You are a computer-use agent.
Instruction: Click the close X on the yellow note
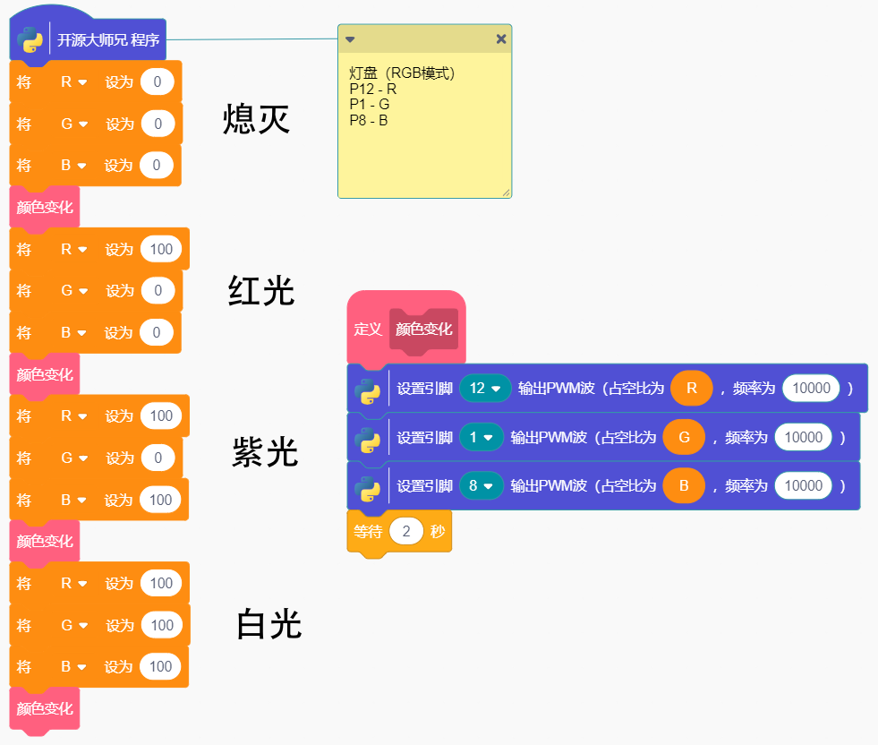501,39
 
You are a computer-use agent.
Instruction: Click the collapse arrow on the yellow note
350,39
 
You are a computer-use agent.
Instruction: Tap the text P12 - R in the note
373,89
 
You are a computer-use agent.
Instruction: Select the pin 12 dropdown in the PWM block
485,389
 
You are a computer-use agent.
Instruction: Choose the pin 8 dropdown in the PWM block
482,486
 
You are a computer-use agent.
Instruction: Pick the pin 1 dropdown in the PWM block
482,438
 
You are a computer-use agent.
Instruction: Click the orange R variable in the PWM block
691,389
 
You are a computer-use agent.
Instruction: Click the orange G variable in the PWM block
685,438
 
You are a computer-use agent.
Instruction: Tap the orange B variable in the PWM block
684,486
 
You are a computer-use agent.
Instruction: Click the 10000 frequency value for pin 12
811,389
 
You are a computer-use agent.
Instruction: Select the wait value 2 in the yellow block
406,532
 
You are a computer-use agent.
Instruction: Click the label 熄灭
257,119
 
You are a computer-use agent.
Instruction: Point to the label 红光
261,291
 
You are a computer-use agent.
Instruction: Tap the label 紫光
265,453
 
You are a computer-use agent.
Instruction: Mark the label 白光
269,624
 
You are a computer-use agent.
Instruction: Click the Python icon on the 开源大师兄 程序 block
30,39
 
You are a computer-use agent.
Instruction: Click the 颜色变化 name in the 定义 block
424,330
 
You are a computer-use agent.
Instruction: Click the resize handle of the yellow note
506,192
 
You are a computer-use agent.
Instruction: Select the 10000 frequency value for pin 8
804,486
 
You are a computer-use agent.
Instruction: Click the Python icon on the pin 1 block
368,440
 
